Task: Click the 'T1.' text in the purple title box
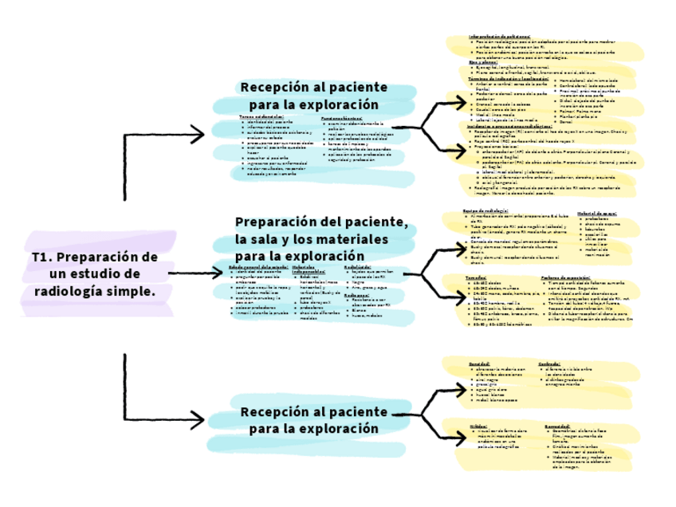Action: (x=42, y=257)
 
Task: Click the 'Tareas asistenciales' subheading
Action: (x=261, y=116)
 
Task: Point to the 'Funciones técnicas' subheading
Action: (x=343, y=116)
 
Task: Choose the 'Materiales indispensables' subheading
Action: (x=309, y=269)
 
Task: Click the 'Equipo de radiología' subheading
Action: (x=486, y=211)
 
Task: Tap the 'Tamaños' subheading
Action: (x=476, y=277)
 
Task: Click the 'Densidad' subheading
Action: (x=479, y=364)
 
